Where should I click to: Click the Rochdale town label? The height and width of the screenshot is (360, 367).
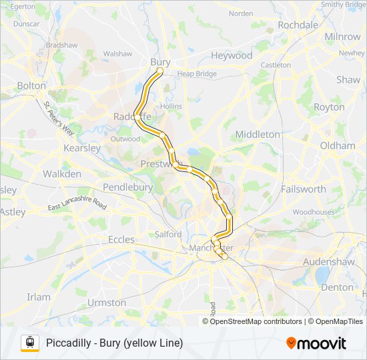[x=298, y=25]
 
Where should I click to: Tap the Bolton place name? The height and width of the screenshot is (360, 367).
[x=31, y=86]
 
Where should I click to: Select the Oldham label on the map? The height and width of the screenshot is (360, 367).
[x=338, y=145]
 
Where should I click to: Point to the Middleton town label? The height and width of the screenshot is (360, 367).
[x=258, y=134]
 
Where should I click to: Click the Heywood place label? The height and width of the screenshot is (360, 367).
[x=232, y=56]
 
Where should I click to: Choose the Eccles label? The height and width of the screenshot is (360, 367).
[x=121, y=239]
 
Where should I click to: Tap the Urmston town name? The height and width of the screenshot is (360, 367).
[x=106, y=303]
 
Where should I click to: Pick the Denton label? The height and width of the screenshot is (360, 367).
[x=337, y=287]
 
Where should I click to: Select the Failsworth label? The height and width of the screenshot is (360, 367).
[x=304, y=189]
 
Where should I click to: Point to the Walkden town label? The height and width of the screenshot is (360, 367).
[x=62, y=174]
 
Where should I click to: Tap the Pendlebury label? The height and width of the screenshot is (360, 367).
[x=127, y=187]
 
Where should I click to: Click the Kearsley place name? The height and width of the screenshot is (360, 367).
[x=81, y=148]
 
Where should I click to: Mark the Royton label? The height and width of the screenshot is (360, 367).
[x=329, y=107]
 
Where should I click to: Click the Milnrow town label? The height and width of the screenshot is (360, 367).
[x=342, y=37]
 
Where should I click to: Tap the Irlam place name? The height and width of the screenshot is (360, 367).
[x=39, y=297]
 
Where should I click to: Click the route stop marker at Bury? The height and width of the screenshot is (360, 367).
[x=160, y=70]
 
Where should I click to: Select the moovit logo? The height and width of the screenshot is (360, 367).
[x=316, y=343]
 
